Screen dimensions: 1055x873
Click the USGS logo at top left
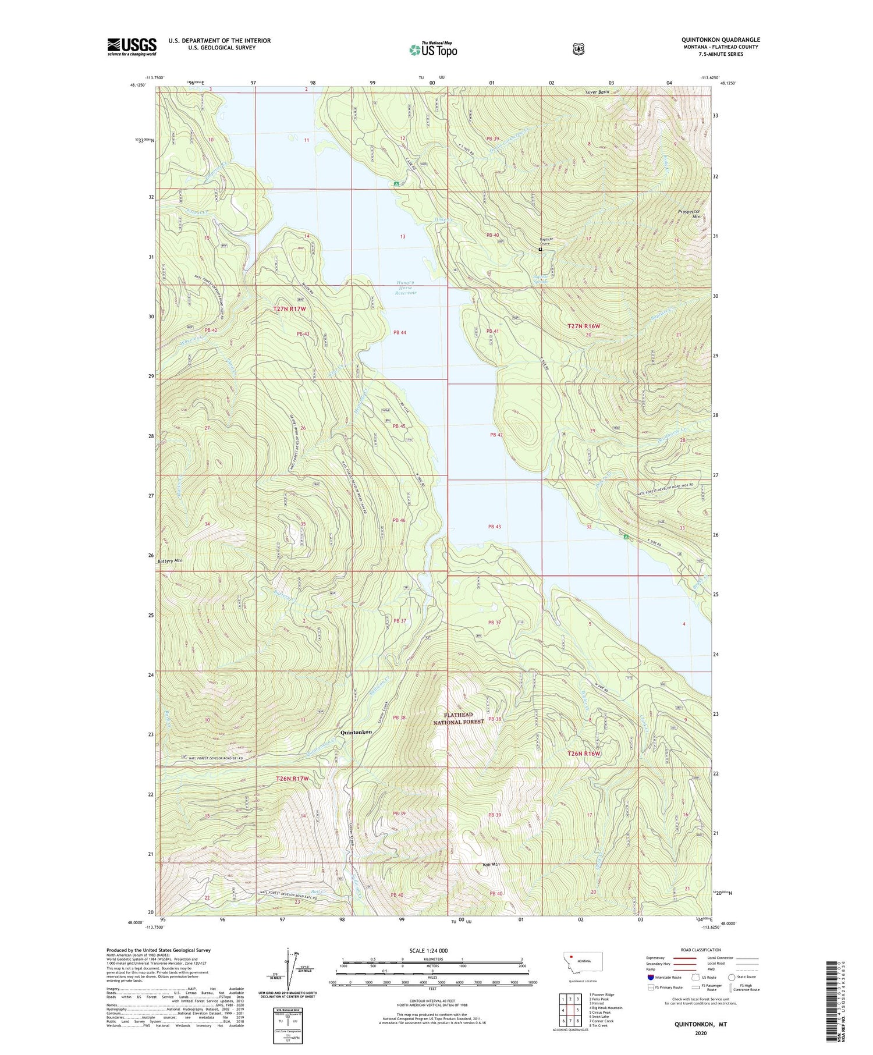pos(132,47)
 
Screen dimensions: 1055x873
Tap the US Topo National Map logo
pos(434,49)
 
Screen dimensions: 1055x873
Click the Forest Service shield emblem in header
pos(578,49)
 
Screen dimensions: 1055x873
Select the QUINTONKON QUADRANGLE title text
pos(721,40)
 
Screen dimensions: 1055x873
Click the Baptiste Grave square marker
pos(540,249)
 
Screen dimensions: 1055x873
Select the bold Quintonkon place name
pos(356,732)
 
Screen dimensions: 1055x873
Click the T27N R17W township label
pos(289,309)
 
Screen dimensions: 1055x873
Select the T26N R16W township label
pos(583,754)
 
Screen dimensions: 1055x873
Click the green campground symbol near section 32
pos(626,538)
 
